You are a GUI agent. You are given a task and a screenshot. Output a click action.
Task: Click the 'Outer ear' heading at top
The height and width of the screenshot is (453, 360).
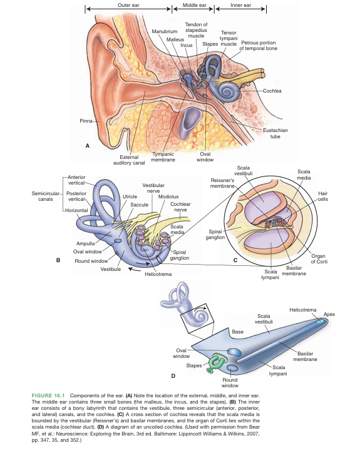pyautogui.click(x=128, y=5)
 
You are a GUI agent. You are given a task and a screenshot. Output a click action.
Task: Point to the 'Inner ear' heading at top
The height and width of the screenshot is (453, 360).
pyautogui.click(x=240, y=5)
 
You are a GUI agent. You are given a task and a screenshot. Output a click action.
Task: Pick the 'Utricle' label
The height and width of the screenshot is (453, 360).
pyautogui.click(x=130, y=196)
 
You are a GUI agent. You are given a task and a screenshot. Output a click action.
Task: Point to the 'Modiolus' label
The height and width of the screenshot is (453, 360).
pyautogui.click(x=169, y=196)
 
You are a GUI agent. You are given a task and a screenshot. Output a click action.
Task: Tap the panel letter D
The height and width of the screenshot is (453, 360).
pyautogui.click(x=173, y=375)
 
